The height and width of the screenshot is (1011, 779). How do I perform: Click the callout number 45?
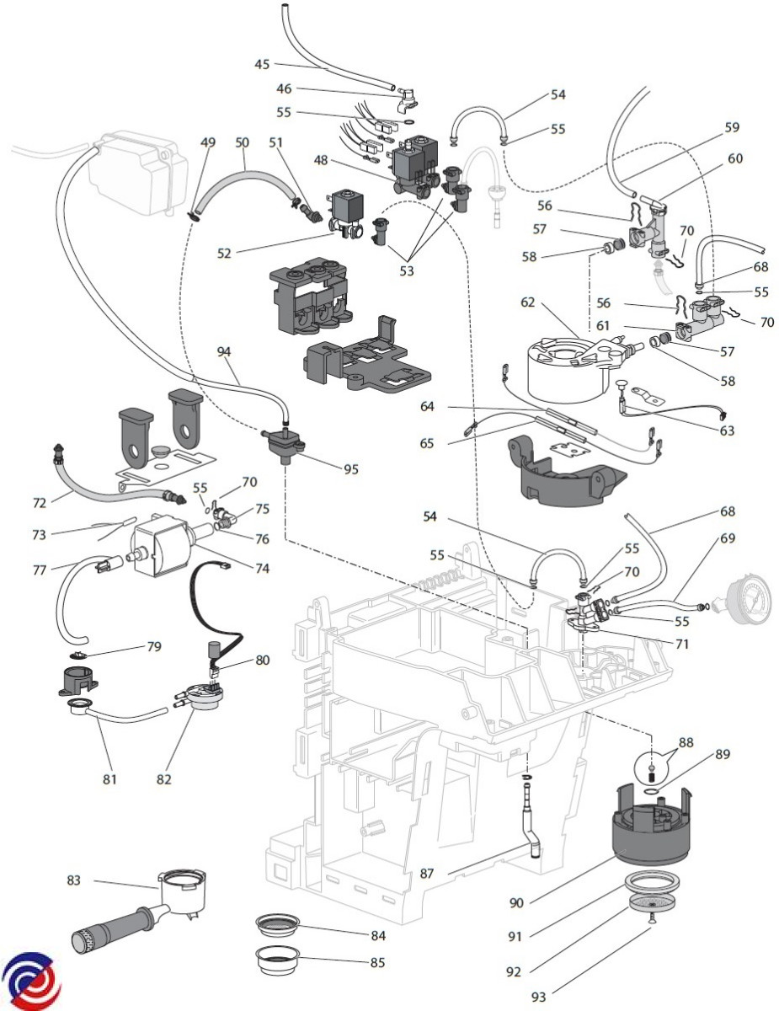pyautogui.click(x=262, y=64)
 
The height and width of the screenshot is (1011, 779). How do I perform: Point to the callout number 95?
pyautogui.click(x=350, y=469)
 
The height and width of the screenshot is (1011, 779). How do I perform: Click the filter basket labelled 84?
pyautogui.click(x=279, y=924)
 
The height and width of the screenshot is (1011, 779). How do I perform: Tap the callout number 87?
pyautogui.click(x=427, y=874)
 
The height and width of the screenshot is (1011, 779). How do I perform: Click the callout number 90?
pyautogui.click(x=517, y=902)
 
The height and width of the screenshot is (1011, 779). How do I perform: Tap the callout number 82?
pyautogui.click(x=163, y=779)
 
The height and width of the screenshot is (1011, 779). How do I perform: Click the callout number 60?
pyautogui.click(x=735, y=158)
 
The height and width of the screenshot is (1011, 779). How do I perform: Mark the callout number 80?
pyautogui.click(x=263, y=660)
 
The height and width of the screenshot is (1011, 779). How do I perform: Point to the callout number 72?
pyautogui.click(x=39, y=503)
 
